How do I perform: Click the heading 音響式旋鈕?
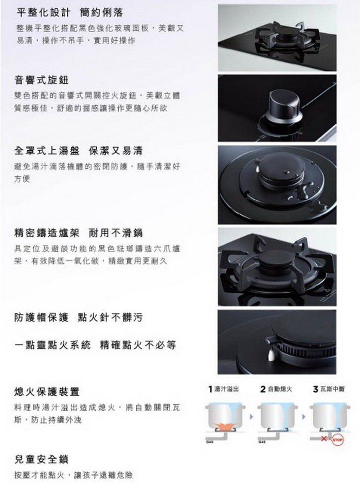(x=41, y=80)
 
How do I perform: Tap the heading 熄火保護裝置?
(x=47, y=392)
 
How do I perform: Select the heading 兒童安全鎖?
(x=41, y=460)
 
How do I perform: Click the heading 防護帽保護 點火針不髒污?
(x=78, y=318)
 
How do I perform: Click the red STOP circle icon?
(x=337, y=440)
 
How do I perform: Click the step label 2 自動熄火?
(x=276, y=389)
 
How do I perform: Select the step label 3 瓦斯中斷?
(x=329, y=389)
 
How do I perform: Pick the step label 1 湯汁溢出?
(x=224, y=389)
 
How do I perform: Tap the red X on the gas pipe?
(x=324, y=438)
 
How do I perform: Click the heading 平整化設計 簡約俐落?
(x=69, y=12)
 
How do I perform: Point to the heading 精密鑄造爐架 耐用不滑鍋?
(x=78, y=233)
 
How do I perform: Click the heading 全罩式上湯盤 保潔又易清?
(x=78, y=151)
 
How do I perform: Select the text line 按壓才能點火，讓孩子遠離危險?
(x=74, y=475)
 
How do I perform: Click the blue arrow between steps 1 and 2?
(x=251, y=417)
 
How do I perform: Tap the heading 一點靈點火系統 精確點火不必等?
(x=95, y=345)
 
